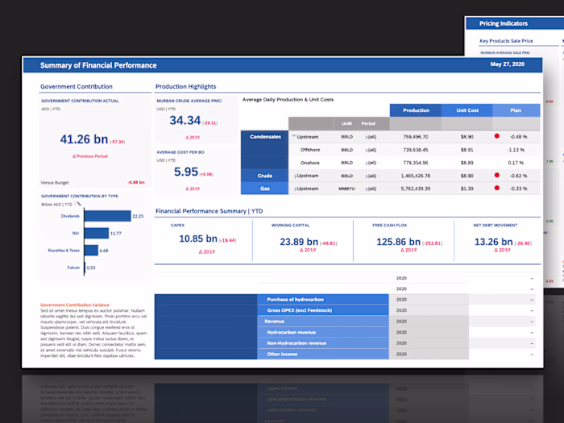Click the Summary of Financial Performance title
98,65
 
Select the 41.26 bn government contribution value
84,139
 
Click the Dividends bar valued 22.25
107,216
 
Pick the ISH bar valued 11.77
96,234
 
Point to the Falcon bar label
73,267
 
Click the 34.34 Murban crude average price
185,121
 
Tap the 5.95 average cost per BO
185,172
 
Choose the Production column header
416,110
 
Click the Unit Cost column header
467,110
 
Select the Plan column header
516,110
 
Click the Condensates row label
265,137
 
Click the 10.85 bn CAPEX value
197,239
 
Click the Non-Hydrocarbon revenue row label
296,343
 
